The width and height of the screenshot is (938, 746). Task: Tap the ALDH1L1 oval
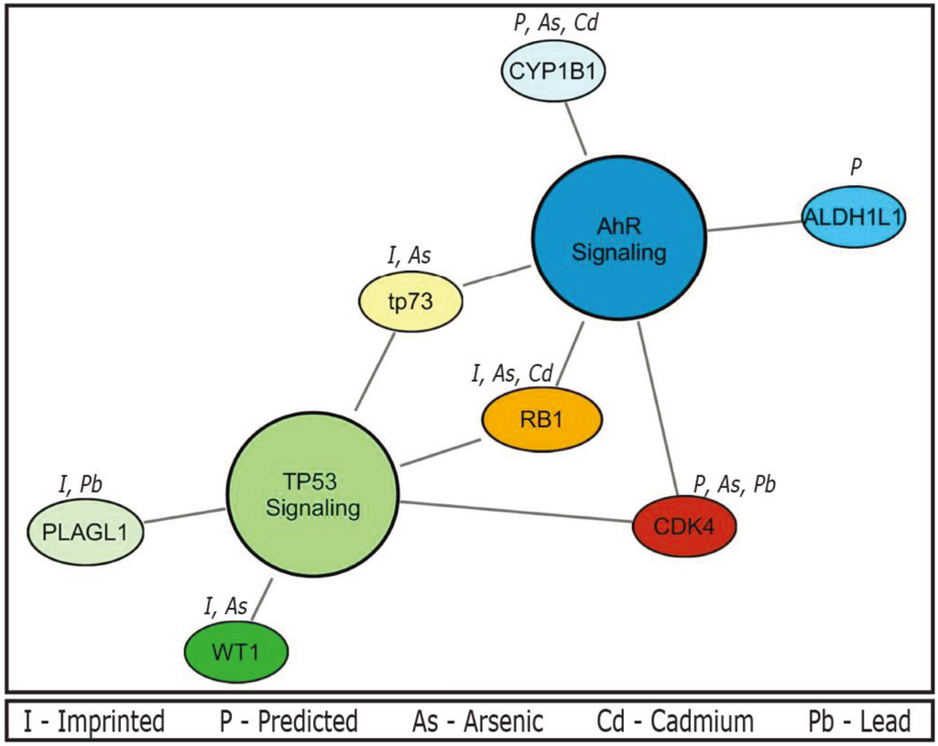(x=854, y=216)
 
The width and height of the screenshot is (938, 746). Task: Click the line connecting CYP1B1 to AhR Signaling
(x=575, y=127)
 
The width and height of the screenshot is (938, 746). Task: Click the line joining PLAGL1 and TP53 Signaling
(x=184, y=517)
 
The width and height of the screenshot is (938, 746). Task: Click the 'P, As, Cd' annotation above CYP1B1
(x=553, y=23)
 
